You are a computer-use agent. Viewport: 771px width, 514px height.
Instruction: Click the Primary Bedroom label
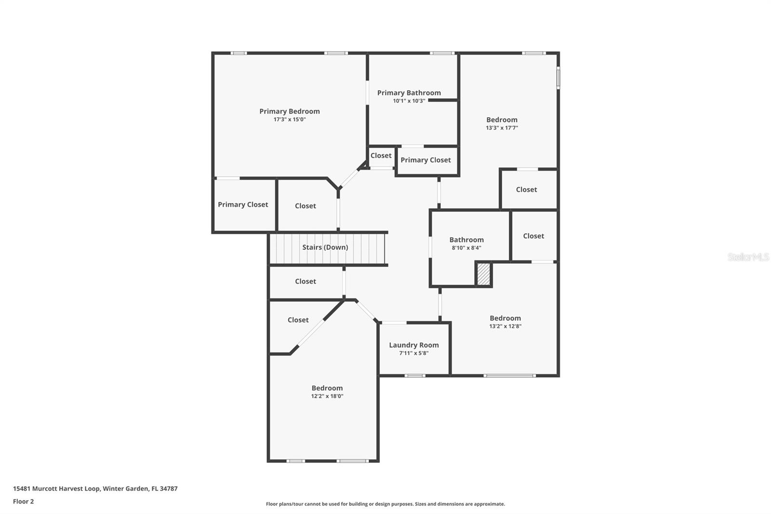coord(289,111)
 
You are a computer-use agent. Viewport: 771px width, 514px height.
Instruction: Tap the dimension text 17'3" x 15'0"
coord(289,120)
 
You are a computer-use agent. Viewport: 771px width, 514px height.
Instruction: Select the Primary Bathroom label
coord(409,93)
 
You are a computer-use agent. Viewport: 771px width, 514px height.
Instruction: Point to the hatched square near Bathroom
coord(483,274)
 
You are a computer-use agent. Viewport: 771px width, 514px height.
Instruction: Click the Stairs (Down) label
coord(325,247)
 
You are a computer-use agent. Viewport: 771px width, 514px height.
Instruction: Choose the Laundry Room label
coord(413,345)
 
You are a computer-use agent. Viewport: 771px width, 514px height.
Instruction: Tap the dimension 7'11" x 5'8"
coord(413,353)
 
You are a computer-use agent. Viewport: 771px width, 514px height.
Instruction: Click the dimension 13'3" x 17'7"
coord(502,128)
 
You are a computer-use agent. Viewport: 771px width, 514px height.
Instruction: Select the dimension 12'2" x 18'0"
coord(327,396)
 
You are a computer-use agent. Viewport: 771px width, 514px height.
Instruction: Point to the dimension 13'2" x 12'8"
coord(505,326)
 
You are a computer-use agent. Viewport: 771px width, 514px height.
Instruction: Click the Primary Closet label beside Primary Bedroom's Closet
coord(243,204)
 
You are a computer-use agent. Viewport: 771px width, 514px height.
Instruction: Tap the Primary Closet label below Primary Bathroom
coord(425,160)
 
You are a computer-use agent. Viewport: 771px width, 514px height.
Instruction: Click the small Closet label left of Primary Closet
coord(381,156)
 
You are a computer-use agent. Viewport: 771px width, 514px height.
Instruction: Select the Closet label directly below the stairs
coord(305,282)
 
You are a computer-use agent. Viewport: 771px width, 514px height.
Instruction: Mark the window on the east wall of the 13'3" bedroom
coord(558,78)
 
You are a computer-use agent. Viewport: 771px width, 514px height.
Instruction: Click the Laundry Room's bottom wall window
coord(414,376)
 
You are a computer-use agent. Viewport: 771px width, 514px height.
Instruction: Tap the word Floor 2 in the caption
coord(23,501)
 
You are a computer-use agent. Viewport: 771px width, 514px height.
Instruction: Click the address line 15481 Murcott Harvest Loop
coord(95,488)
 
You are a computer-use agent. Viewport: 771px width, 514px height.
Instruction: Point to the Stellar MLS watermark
coord(748,257)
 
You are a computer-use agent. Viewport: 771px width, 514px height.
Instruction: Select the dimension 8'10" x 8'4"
coord(466,248)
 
